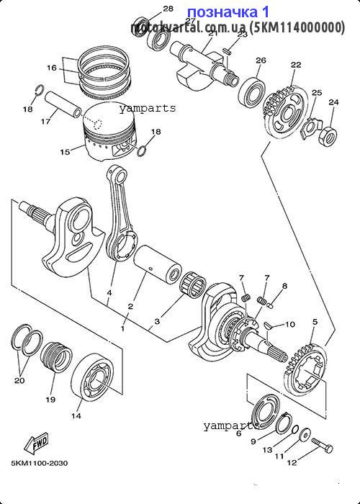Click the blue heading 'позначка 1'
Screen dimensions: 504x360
[228, 12]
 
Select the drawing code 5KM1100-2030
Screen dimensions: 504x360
[39, 464]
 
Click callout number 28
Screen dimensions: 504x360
[168, 9]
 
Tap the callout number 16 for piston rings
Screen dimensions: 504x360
[51, 68]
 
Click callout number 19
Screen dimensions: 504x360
[50, 399]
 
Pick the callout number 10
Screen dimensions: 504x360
[290, 325]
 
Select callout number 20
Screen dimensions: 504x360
[19, 381]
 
